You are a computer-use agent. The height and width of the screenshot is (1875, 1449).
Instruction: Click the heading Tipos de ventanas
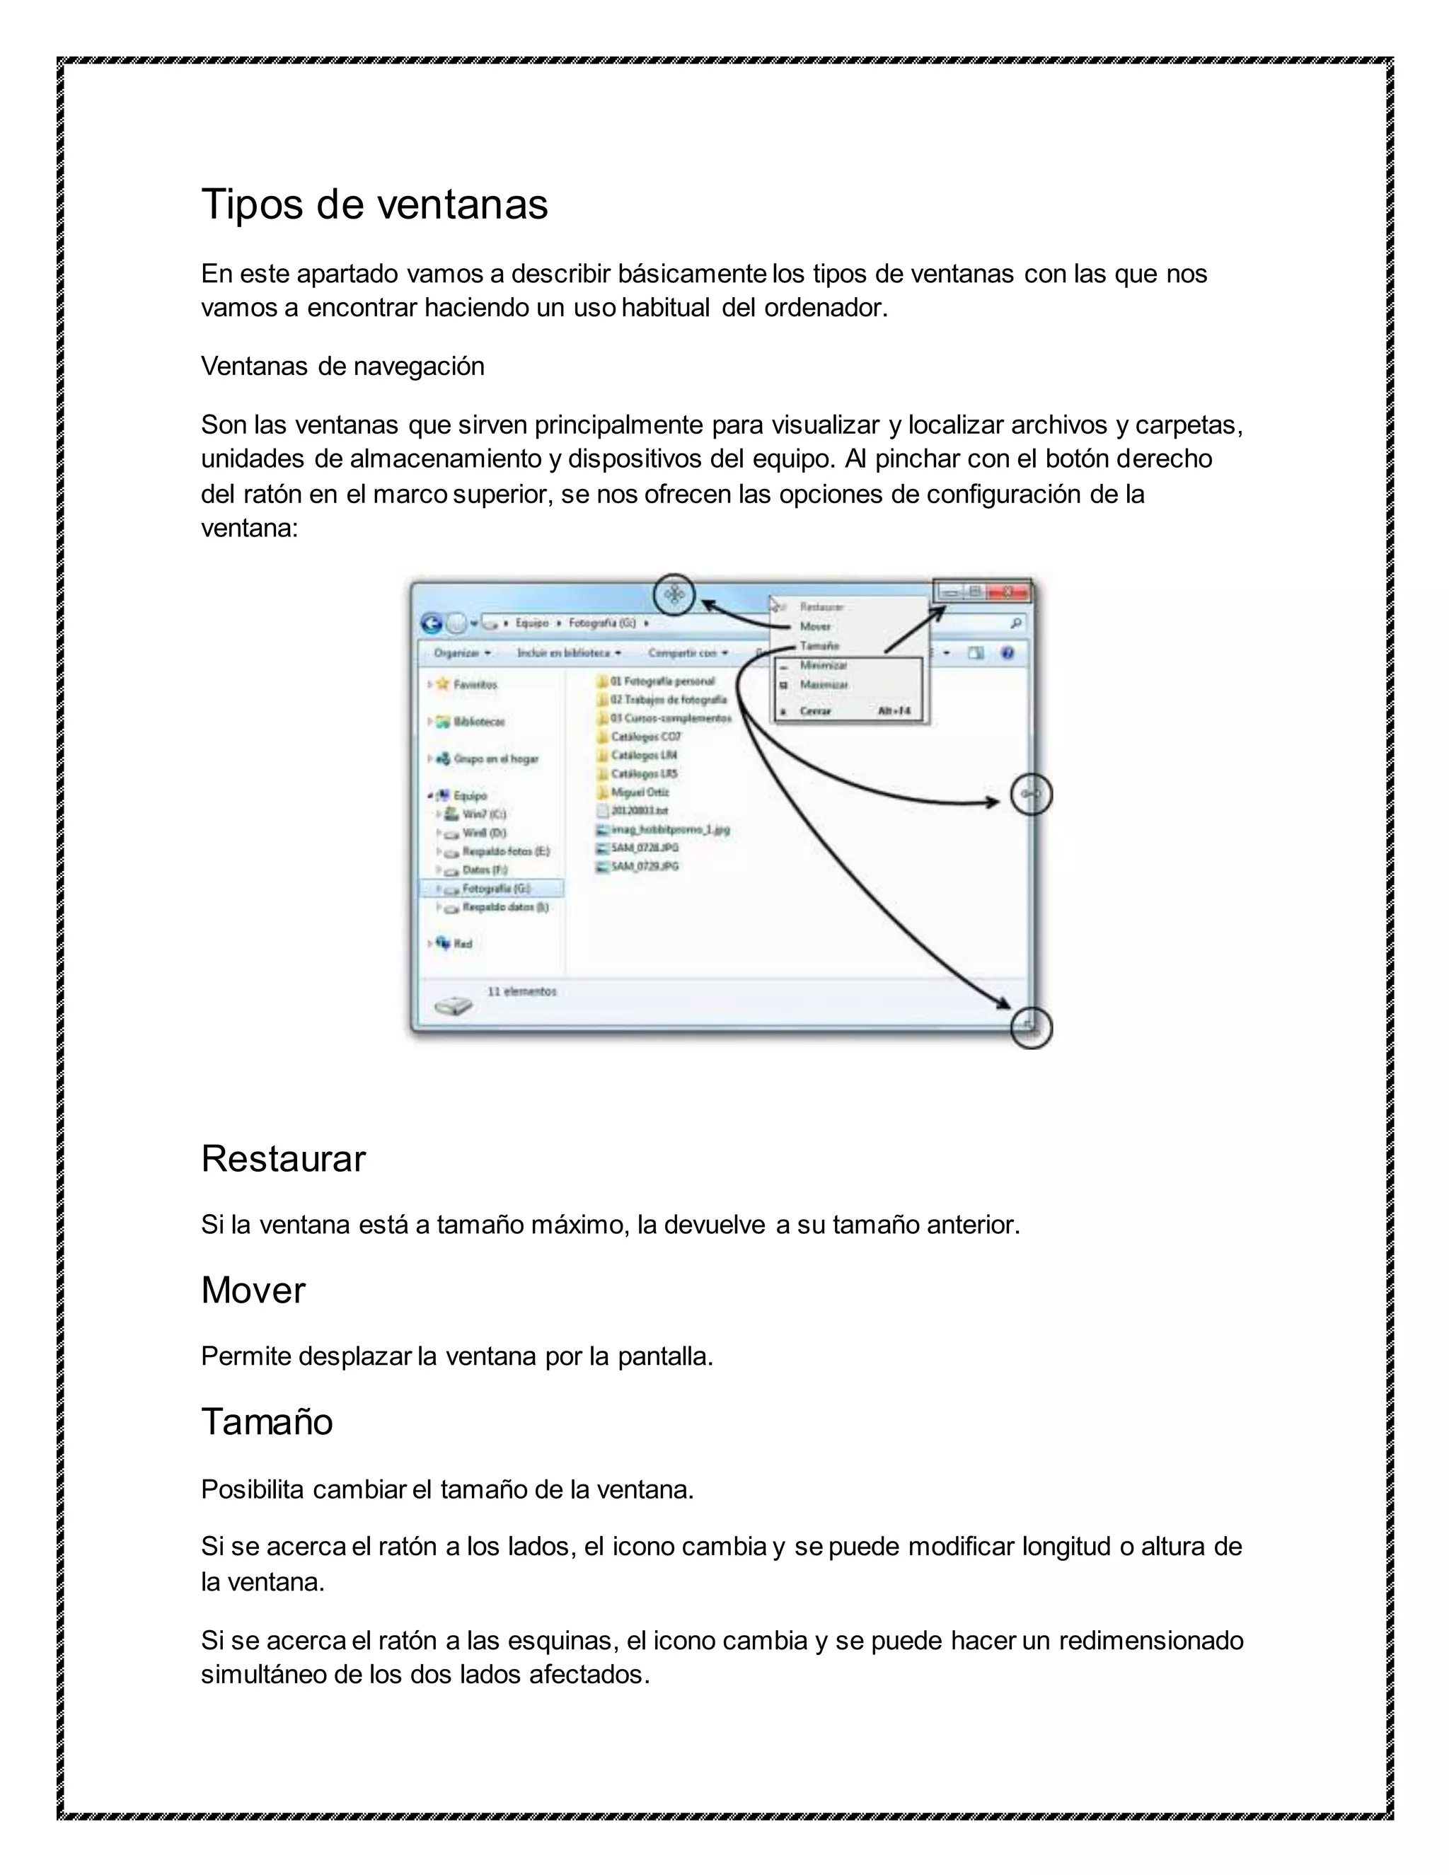[x=374, y=205]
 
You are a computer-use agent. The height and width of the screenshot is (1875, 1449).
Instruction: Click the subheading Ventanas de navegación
[x=342, y=367]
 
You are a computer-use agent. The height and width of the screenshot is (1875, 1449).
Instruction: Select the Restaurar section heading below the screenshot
[x=283, y=1159]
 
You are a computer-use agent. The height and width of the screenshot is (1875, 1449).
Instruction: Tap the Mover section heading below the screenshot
[x=253, y=1291]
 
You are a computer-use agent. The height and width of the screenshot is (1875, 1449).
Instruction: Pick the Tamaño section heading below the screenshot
[x=267, y=1421]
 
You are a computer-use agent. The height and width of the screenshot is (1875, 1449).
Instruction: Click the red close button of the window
[x=1008, y=592]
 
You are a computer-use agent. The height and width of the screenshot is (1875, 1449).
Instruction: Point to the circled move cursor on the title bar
[x=675, y=594]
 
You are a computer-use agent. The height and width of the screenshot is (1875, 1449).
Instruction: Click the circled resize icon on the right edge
[x=1031, y=795]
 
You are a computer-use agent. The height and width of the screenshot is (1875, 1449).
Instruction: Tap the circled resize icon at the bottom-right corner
[x=1031, y=1027]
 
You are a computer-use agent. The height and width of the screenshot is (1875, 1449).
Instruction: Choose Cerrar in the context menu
[x=816, y=711]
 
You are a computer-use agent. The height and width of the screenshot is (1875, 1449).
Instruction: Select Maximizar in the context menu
[x=824, y=685]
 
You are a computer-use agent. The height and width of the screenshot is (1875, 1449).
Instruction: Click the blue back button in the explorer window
[x=432, y=624]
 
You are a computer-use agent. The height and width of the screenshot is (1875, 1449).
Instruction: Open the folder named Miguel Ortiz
[x=640, y=792]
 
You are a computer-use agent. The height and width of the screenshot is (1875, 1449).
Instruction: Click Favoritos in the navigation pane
[x=475, y=685]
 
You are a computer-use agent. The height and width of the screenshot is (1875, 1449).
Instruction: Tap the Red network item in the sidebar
[x=463, y=943]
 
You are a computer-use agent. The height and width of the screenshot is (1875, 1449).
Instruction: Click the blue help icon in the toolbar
[x=1008, y=653]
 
